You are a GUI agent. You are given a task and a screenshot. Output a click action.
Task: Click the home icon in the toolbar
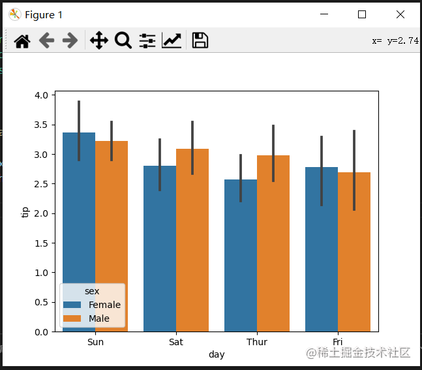point(22,41)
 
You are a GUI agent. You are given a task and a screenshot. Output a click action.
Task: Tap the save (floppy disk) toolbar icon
point(200,40)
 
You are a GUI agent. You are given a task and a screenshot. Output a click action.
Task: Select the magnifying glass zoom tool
point(123,40)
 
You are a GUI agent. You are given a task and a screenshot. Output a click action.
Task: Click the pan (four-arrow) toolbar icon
point(98,40)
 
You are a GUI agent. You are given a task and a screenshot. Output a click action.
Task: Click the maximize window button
point(362,14)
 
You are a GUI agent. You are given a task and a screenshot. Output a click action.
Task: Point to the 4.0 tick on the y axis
point(42,95)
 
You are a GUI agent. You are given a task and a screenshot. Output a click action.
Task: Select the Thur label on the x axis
point(256,342)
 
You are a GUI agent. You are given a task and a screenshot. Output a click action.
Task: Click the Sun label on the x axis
point(95,342)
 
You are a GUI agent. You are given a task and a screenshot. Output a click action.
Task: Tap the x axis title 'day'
point(217,354)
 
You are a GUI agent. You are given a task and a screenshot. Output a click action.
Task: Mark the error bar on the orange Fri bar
point(354,170)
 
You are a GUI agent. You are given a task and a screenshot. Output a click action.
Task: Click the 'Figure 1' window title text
point(44,14)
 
